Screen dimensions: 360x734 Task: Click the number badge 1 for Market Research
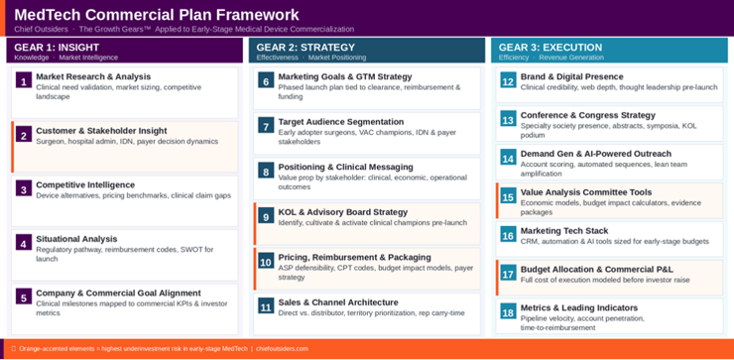(24, 81)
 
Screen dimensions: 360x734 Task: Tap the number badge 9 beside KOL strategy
(266, 216)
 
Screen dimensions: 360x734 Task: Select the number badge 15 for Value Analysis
(508, 197)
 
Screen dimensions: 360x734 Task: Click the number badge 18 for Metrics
(508, 312)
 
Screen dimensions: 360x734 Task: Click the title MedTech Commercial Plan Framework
(157, 15)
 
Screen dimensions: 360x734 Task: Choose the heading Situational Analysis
(76, 238)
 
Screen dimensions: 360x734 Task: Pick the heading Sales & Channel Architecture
(338, 301)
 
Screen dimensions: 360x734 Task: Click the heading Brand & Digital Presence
(572, 76)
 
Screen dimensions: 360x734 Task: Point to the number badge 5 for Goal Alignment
(24, 297)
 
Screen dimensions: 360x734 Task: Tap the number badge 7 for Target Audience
(266, 126)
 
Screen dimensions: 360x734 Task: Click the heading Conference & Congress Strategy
(588, 115)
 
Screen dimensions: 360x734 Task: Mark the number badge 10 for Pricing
(266, 262)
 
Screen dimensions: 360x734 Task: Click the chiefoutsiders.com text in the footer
(283, 349)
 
